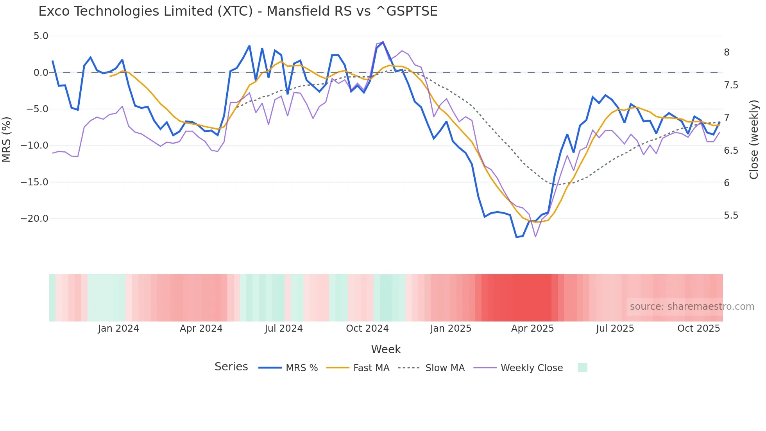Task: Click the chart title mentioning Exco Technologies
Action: pos(238,11)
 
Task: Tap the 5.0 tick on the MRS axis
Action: pos(41,36)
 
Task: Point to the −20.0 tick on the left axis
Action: pos(34,219)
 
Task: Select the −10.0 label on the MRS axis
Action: pos(34,145)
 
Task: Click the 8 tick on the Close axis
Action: pos(727,52)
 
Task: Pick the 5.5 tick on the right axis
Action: pos(731,215)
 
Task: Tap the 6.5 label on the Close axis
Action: pos(731,151)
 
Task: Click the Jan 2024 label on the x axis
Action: pos(118,329)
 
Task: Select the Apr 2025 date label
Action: pos(532,329)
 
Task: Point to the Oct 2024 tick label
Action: pos(367,329)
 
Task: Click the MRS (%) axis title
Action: pos(7,139)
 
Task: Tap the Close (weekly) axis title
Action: pos(754,140)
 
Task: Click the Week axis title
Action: pos(386,349)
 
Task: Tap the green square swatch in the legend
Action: pos(582,368)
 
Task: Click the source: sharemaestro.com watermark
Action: pos(692,307)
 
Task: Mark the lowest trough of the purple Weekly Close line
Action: pos(535,237)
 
